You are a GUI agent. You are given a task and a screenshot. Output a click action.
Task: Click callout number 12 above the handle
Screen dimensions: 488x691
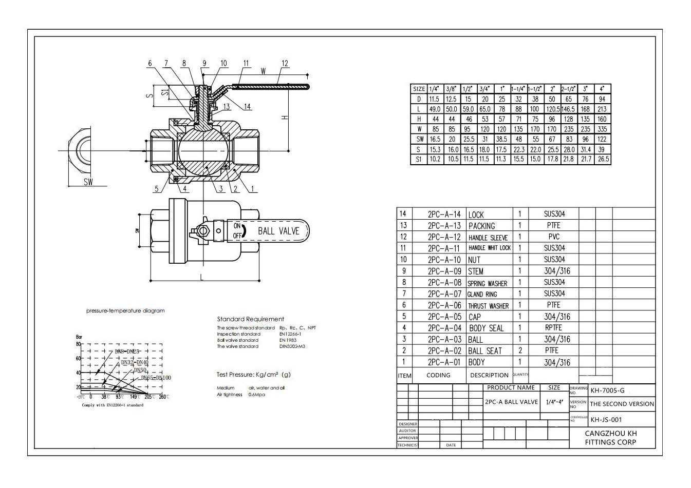pyautogui.click(x=285, y=64)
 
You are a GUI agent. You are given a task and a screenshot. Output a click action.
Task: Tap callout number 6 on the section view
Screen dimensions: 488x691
pyautogui.click(x=150, y=64)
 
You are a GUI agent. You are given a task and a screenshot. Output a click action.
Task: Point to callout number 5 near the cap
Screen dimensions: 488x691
pyautogui.click(x=157, y=189)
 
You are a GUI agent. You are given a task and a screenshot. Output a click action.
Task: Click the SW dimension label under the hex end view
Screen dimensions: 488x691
pyautogui.click(x=88, y=182)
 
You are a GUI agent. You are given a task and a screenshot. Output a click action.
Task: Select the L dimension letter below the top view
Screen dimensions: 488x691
pyautogui.click(x=202, y=278)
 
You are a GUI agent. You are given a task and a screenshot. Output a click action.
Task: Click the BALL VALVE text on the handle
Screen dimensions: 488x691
pyautogui.click(x=278, y=231)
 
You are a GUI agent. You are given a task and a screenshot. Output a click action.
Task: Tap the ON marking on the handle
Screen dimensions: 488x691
pyautogui.click(x=237, y=226)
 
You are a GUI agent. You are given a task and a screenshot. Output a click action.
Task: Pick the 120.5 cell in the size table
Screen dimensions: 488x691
pyautogui.click(x=552, y=109)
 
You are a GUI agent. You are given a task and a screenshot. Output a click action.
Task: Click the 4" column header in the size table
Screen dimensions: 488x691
pyautogui.click(x=602, y=89)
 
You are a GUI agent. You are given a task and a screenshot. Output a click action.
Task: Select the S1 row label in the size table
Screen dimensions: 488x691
pyautogui.click(x=419, y=159)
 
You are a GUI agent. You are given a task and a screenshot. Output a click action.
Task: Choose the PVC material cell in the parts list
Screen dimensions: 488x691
pyautogui.click(x=554, y=237)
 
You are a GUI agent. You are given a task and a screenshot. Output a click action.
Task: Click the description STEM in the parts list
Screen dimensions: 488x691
pyautogui.click(x=476, y=271)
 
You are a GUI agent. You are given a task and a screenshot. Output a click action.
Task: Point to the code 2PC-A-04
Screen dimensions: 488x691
pyautogui.click(x=444, y=328)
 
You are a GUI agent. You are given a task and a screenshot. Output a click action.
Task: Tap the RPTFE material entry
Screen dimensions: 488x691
pyautogui.click(x=553, y=327)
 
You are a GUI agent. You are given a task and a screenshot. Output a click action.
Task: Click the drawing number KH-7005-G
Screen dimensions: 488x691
pyautogui.click(x=607, y=391)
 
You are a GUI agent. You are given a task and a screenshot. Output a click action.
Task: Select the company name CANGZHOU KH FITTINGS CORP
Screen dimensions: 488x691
pyautogui.click(x=610, y=438)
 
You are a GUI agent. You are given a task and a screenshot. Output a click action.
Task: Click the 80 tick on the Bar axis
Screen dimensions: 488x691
pyautogui.click(x=79, y=344)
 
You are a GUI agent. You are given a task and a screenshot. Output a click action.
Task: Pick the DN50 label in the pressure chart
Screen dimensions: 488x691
pyautogui.click(x=140, y=370)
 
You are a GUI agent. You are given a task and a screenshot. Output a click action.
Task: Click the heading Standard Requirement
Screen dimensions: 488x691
pyautogui.click(x=250, y=319)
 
